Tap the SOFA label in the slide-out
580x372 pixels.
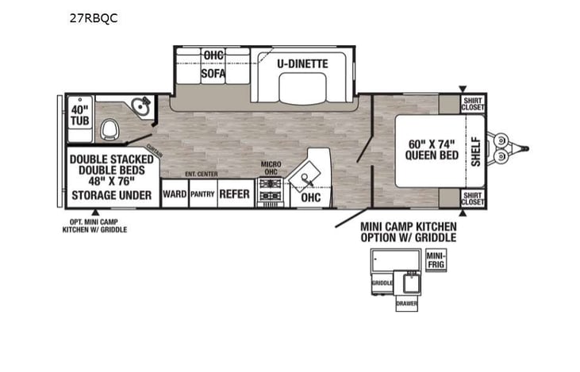click(x=213, y=74)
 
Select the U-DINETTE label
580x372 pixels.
click(x=302, y=63)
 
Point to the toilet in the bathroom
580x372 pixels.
click(x=112, y=128)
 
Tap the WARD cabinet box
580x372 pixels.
click(x=174, y=194)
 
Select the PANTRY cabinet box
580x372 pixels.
click(x=202, y=194)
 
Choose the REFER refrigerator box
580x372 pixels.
click(x=234, y=194)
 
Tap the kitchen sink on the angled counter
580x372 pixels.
click(x=309, y=172)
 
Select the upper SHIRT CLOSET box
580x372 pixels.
click(x=473, y=104)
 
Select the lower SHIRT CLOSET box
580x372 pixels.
click(x=473, y=199)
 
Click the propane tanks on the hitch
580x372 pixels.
click(x=501, y=149)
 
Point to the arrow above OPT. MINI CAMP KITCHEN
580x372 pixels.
click(x=95, y=212)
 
